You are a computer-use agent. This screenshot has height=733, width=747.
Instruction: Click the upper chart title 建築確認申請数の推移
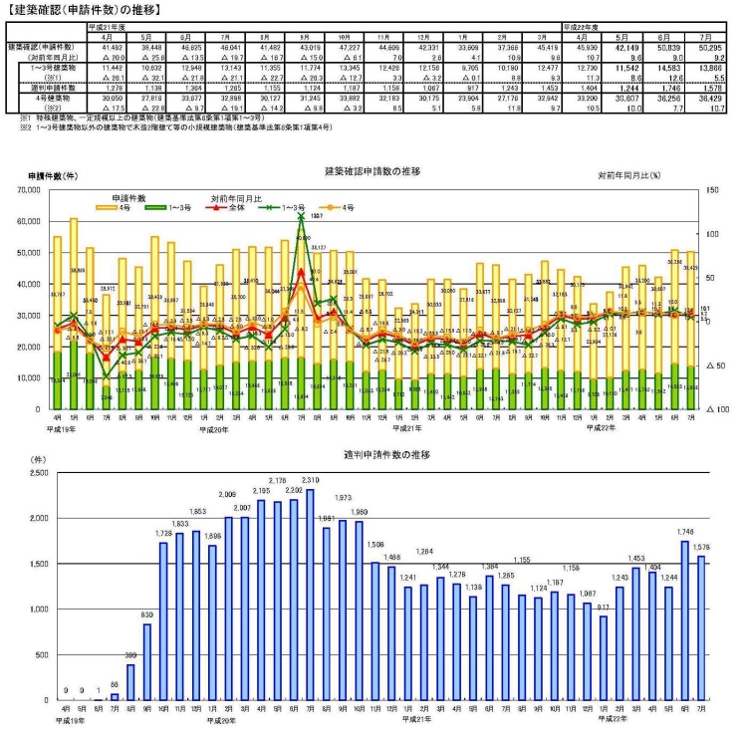coord(373,171)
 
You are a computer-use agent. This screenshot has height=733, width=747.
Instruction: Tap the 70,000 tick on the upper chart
coord(30,188)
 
